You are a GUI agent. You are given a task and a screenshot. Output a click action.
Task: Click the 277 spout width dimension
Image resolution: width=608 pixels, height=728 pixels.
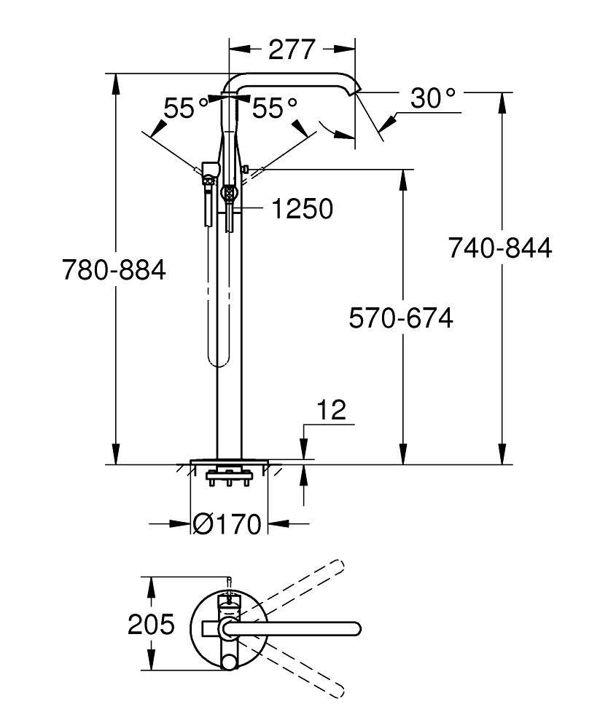coord(292,50)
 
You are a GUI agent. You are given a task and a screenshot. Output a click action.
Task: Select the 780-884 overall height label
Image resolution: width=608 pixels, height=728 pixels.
coord(114,271)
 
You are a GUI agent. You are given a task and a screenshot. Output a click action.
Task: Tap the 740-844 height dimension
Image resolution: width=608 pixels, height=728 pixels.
coord(500,248)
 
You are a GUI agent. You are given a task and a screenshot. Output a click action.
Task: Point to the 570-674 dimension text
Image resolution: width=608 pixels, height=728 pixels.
coord(400,318)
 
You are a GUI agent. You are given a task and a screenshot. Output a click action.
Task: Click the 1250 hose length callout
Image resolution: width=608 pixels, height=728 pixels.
coord(302,210)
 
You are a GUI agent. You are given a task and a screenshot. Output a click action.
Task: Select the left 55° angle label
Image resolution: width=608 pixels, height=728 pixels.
coord(185,109)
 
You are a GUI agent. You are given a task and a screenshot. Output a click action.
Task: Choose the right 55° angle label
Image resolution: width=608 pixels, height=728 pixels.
coord(275,109)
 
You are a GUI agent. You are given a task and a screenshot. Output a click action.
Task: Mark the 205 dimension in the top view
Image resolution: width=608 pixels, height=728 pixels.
coord(151,625)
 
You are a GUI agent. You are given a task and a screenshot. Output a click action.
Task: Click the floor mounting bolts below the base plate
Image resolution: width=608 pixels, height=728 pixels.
coord(228,480)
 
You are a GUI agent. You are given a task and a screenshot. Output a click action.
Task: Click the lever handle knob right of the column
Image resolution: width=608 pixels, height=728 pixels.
coord(246,170)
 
